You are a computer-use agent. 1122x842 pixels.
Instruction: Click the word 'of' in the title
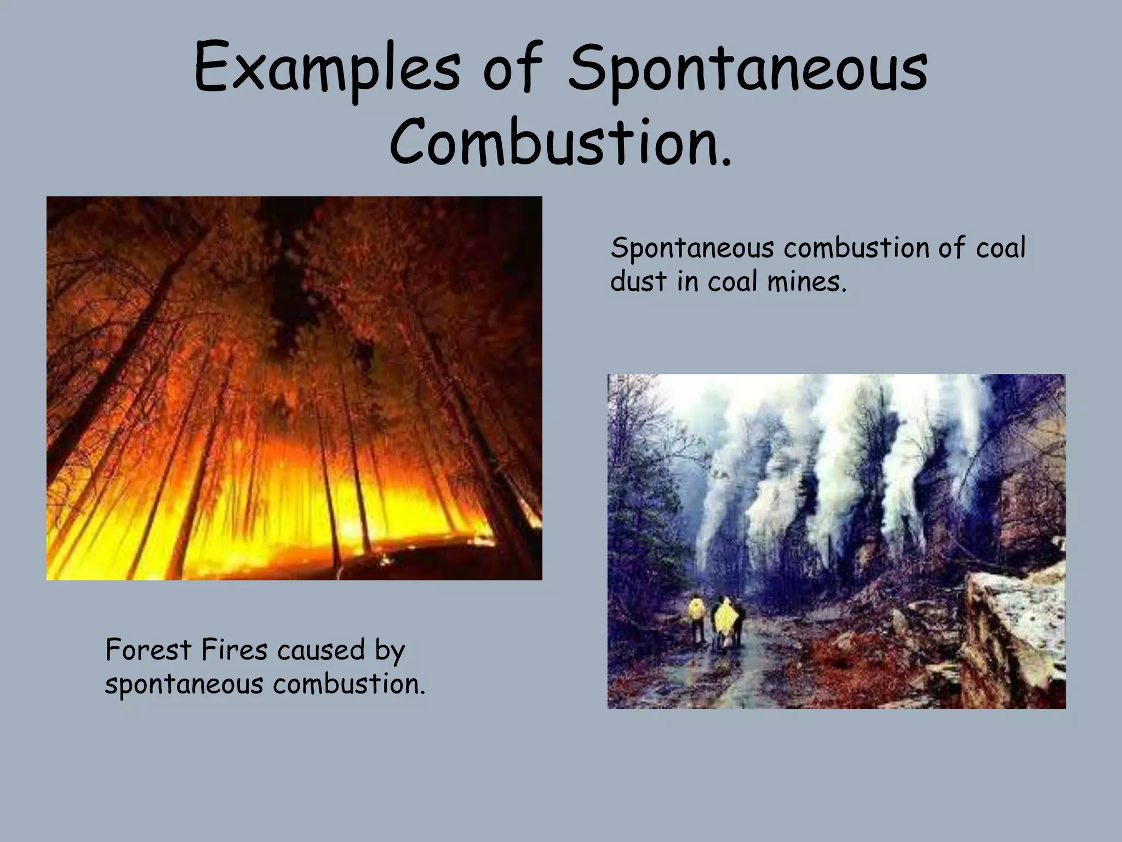pos(512,69)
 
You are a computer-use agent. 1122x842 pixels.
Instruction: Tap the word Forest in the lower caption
pos(148,650)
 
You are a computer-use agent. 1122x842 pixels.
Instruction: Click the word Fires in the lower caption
pos(234,650)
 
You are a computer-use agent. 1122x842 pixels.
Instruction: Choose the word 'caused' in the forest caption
pos(321,650)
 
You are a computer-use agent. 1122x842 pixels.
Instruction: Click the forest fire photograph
pos(294,388)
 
